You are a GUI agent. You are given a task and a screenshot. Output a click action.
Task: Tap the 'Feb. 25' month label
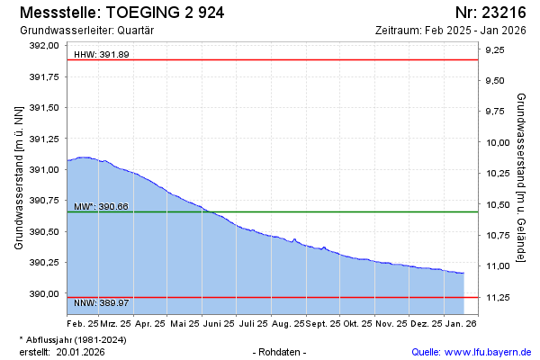tap(82, 322)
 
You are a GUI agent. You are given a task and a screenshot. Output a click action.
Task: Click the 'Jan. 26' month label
tap(461, 322)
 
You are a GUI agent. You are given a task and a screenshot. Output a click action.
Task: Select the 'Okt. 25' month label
tap(358, 322)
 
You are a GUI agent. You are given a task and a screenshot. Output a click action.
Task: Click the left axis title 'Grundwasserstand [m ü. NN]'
tap(19, 177)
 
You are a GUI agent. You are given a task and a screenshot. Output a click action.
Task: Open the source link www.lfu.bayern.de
tap(488, 351)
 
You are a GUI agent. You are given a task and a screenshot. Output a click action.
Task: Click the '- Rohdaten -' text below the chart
tap(281, 351)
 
